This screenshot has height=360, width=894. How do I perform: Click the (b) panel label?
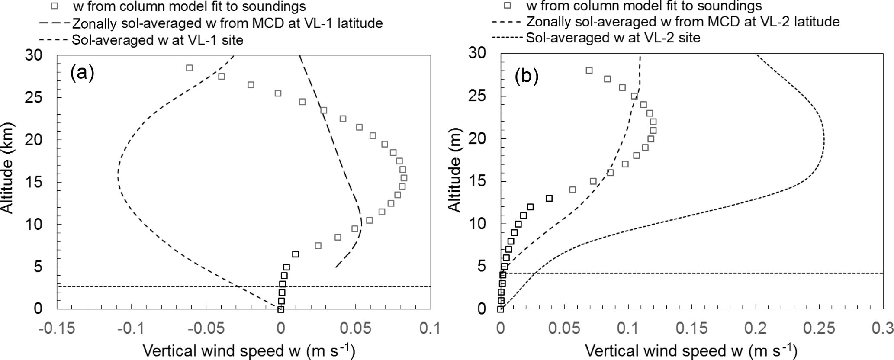526,77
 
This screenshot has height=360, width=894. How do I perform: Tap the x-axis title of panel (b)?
691,349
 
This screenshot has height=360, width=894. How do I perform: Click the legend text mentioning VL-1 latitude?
228,23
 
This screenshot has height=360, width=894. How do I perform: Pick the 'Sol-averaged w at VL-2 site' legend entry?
613,38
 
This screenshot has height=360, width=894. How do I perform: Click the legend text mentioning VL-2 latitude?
682,22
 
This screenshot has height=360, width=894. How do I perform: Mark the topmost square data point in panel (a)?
189,68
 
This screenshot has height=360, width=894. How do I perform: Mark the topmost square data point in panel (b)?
589,71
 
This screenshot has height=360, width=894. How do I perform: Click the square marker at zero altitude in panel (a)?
280,309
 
